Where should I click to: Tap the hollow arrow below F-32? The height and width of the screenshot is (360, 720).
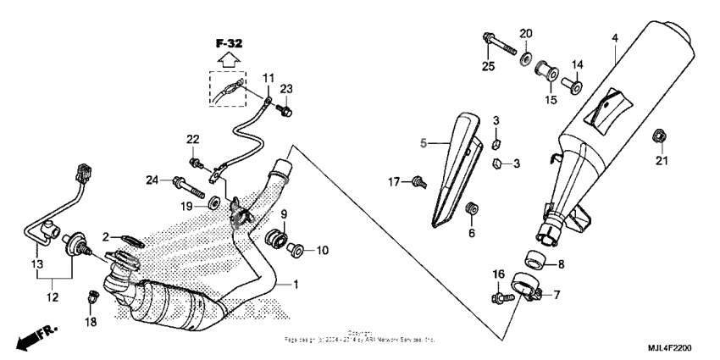226,58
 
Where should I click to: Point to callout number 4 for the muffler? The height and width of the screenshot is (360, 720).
615,38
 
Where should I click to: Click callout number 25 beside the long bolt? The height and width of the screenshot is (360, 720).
488,66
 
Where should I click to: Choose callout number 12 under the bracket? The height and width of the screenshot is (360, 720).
52,298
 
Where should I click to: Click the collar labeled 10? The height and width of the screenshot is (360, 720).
295,249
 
